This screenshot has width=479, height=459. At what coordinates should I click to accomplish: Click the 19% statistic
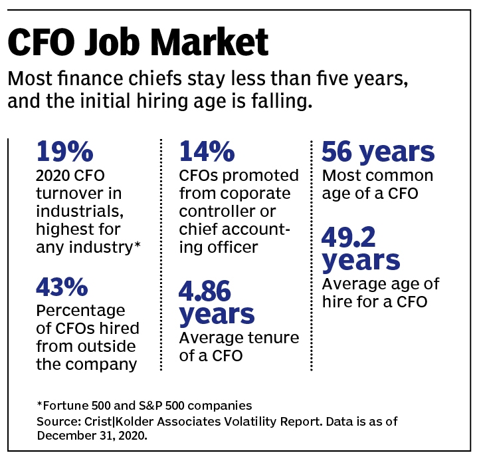65,152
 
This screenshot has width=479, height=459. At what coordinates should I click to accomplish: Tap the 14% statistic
207,152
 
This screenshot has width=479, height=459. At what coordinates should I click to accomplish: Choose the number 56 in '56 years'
339,152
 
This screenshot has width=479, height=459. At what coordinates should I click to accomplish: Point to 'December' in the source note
63,436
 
